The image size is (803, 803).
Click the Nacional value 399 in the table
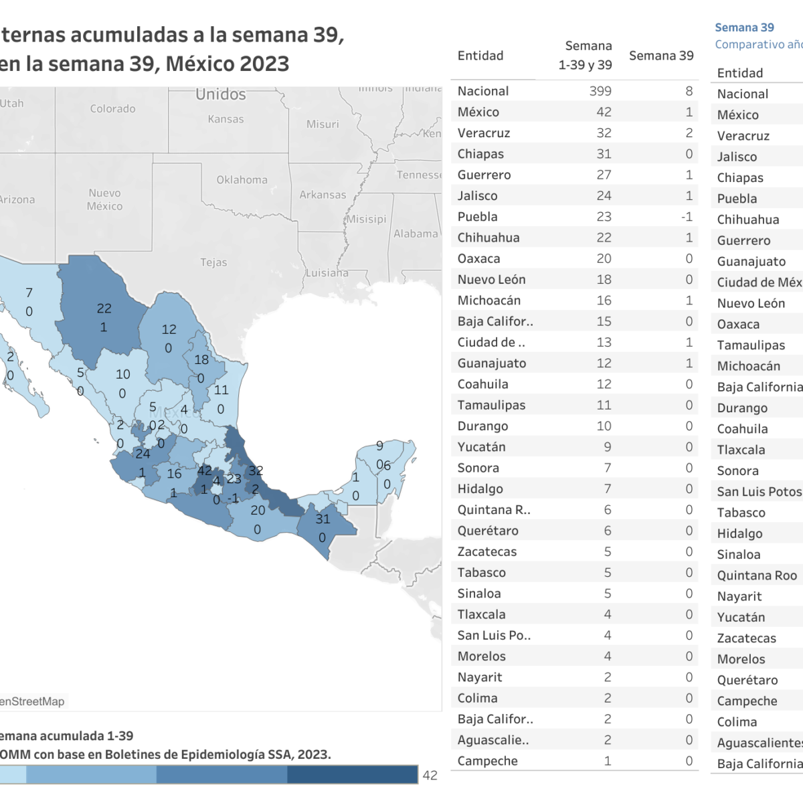click(x=600, y=91)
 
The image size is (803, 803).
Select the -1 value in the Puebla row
click(x=686, y=217)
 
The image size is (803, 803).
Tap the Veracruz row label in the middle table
click(x=483, y=133)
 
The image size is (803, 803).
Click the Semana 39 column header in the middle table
click(x=660, y=56)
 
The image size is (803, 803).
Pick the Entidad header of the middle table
click(x=480, y=56)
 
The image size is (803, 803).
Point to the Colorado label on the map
click(x=112, y=108)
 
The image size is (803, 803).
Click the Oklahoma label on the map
click(x=242, y=179)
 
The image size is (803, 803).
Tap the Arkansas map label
click(x=323, y=195)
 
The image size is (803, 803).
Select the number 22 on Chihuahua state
click(x=104, y=308)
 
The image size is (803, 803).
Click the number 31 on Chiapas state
click(x=323, y=519)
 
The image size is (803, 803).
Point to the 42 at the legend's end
click(x=430, y=775)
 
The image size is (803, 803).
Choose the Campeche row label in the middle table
click(x=487, y=761)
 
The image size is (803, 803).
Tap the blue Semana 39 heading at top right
click(x=744, y=27)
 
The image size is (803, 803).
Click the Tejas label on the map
click(x=213, y=262)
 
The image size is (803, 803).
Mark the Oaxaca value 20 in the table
click(x=604, y=258)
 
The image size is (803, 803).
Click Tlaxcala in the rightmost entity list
click(x=741, y=450)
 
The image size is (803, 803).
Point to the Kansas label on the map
click(x=226, y=119)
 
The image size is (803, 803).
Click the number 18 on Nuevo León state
click(x=201, y=359)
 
